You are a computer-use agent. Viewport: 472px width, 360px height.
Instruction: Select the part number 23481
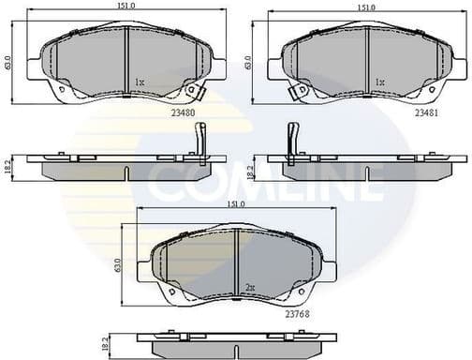(427, 111)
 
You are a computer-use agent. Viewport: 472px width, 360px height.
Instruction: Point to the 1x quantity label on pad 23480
(140, 82)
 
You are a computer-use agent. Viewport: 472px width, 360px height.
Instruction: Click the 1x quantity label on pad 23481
(379, 82)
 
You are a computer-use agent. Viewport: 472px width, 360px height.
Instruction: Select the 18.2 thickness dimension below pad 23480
(8, 168)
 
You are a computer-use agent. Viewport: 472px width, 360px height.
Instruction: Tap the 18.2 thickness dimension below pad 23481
(249, 169)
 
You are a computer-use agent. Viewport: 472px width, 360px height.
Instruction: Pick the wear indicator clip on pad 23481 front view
(300, 92)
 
